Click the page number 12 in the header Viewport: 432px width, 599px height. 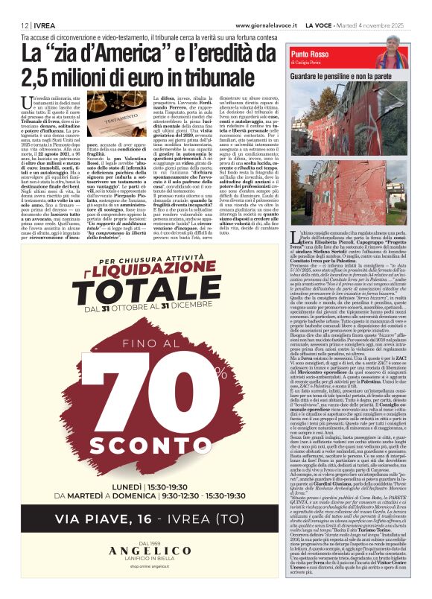(x=13, y=7)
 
